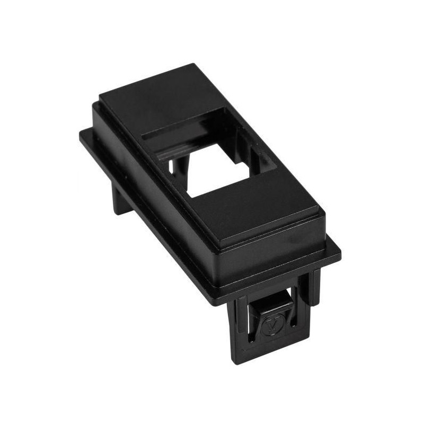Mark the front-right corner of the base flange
pos(340,255)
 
